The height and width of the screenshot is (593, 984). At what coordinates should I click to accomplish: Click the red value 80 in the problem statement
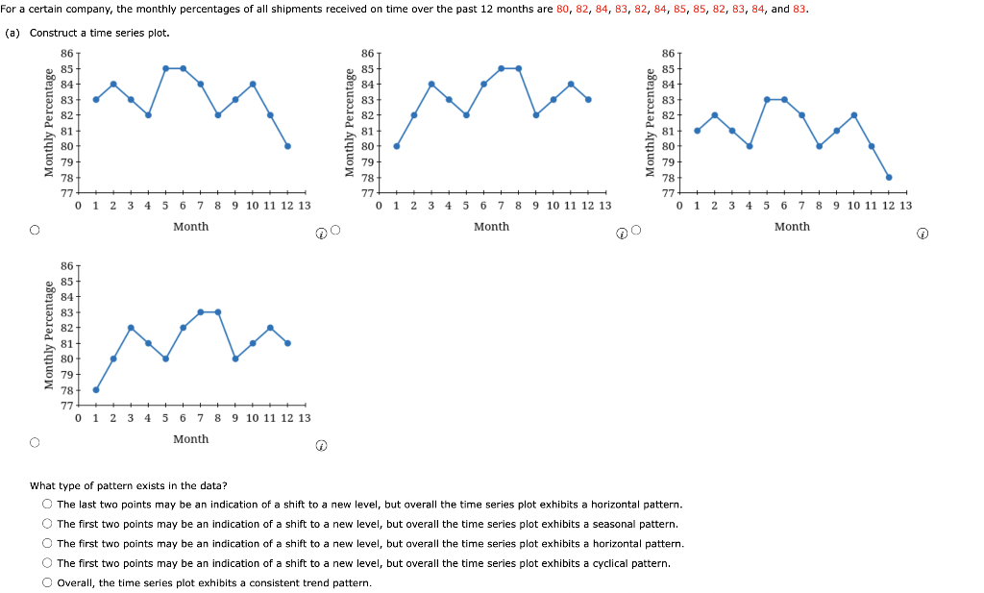[x=564, y=10]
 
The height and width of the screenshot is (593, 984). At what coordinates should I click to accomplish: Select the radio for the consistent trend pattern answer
[x=46, y=582]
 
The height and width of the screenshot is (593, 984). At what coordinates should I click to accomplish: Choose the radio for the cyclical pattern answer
[x=46, y=563]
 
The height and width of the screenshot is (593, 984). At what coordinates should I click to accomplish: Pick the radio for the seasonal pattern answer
[x=46, y=524]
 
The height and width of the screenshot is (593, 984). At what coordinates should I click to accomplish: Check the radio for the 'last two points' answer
[x=46, y=505]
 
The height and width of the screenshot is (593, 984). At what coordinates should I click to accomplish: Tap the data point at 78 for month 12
[x=889, y=177]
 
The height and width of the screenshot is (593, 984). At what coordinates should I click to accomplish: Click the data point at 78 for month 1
[x=96, y=389]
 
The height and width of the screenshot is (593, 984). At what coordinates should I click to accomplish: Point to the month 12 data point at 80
[x=287, y=146]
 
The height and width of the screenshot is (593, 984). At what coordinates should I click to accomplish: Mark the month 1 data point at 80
[x=397, y=146]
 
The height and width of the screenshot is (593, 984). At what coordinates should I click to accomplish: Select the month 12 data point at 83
[x=588, y=99]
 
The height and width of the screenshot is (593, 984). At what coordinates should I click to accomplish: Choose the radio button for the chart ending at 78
[x=636, y=231]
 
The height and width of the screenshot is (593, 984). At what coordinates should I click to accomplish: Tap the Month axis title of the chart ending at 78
[x=792, y=227]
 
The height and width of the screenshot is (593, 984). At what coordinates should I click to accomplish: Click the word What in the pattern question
[x=43, y=486]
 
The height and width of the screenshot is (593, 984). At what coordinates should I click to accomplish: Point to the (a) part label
[x=12, y=33]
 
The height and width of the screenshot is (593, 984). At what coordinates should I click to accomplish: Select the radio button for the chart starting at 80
[x=335, y=231]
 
